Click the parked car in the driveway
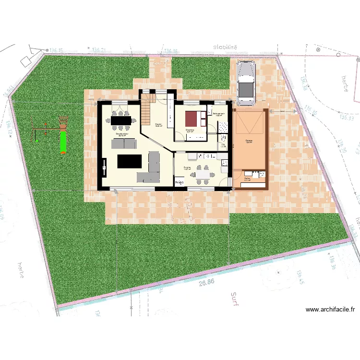(x=246, y=84)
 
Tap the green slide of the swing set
(x=62, y=142)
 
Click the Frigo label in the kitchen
(x=180, y=182)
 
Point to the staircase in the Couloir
(x=148, y=110)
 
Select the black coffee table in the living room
(x=130, y=161)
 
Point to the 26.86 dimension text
(x=206, y=283)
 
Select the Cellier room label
(x=247, y=178)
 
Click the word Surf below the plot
(x=235, y=299)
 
